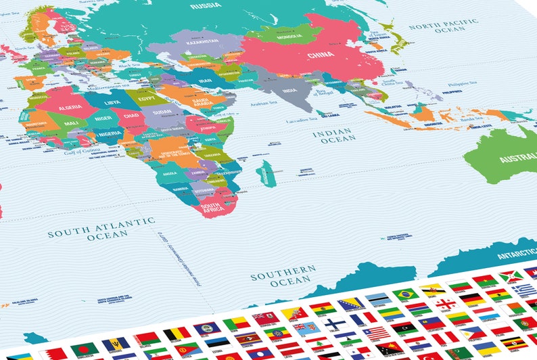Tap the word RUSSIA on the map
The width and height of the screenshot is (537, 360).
tap(206, 6)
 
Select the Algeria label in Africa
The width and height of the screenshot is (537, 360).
tap(70, 107)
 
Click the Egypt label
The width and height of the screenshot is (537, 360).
tap(147, 99)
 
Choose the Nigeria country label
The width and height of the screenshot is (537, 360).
tap(109, 133)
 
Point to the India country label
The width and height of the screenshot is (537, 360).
tap(289, 91)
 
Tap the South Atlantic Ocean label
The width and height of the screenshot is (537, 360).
tap(101, 227)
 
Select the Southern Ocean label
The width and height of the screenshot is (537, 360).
tap(283, 273)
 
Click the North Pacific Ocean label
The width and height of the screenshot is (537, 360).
tap(443, 26)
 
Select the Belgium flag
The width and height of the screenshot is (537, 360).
tap(177, 332)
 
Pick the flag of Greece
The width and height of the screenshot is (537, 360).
tap(525, 289)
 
